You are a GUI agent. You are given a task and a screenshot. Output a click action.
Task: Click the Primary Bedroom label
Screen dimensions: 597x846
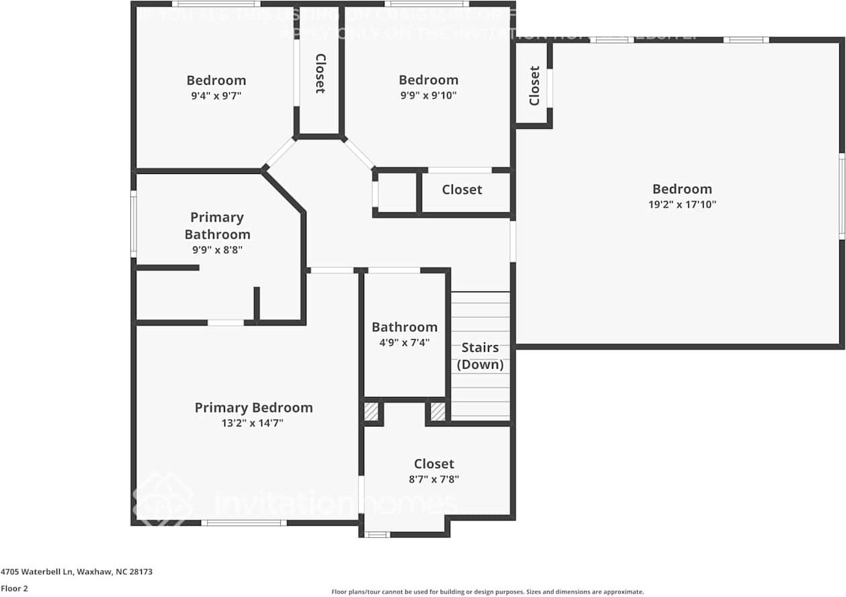(253, 408)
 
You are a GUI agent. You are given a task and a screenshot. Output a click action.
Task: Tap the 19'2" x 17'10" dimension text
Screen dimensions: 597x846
(682, 205)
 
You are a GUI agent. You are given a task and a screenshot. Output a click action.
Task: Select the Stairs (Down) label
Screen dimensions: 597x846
(480, 356)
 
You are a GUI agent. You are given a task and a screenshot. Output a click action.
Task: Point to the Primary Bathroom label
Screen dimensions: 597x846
(217, 226)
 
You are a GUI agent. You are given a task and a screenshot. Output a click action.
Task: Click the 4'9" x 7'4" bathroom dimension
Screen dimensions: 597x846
(404, 342)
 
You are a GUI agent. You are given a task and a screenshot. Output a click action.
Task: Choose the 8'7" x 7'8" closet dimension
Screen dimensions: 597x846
(433, 479)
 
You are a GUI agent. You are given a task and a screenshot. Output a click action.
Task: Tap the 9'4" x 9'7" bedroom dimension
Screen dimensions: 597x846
(216, 96)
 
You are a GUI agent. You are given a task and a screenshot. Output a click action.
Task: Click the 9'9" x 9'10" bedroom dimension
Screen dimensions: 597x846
(428, 95)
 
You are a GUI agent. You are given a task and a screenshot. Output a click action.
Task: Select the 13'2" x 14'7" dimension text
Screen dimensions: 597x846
(253, 424)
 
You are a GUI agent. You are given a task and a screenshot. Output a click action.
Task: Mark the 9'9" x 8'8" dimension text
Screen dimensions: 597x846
(216, 250)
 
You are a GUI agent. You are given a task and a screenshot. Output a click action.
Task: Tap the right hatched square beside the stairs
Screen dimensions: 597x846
(437, 411)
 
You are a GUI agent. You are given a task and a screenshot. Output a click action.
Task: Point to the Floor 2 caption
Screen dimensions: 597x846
(14, 588)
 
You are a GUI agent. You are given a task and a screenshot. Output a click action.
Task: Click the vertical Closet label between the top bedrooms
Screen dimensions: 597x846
(320, 73)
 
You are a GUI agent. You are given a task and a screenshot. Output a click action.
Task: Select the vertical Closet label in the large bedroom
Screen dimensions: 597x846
(534, 85)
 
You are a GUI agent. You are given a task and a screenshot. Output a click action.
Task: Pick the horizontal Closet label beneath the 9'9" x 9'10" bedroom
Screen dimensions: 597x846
(462, 190)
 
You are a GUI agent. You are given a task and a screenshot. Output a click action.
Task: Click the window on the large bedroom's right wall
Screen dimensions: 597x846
(841, 195)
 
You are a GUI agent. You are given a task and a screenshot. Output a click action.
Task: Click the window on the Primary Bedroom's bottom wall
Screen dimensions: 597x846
(243, 522)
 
